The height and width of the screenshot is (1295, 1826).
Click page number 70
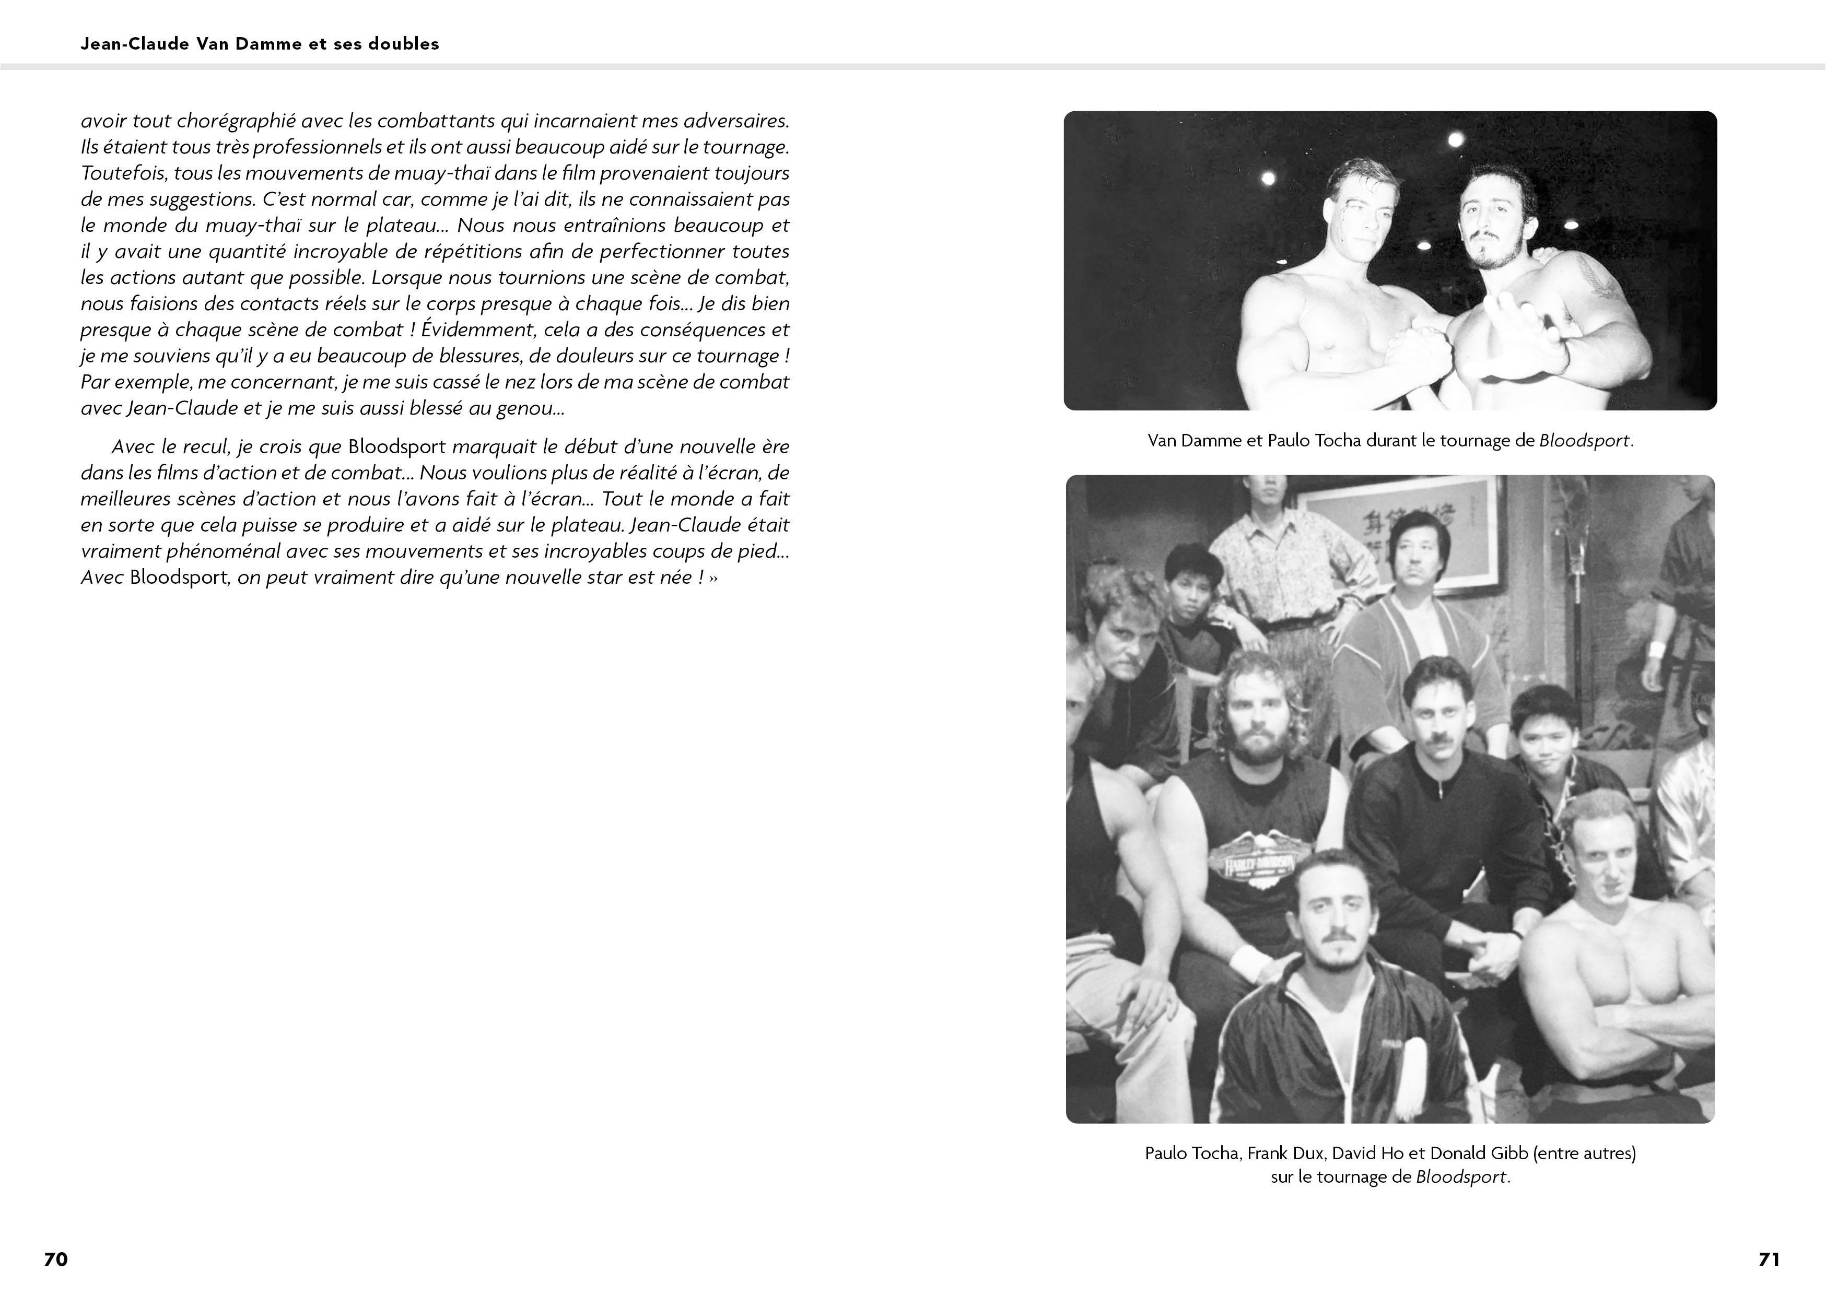coord(56,1258)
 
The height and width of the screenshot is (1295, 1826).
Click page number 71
coord(1769,1258)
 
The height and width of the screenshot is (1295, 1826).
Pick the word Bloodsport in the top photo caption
coord(1584,441)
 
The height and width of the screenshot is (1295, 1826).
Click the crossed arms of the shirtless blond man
coord(1603,1029)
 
